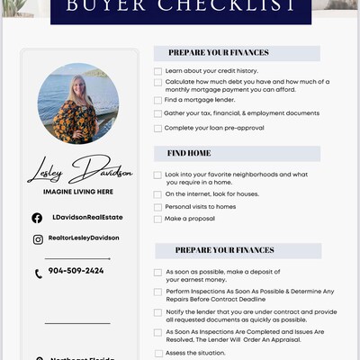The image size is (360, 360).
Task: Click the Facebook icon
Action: point(37,218)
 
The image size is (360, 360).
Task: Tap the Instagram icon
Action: point(38,239)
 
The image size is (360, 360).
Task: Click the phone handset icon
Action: point(38,274)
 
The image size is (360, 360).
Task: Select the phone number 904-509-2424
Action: point(76,271)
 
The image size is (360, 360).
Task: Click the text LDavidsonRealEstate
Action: point(86,217)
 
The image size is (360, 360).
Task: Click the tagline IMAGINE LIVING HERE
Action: point(77,192)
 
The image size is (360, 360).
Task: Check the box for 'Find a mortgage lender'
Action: point(158,100)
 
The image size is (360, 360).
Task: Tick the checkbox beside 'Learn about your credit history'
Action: point(158,70)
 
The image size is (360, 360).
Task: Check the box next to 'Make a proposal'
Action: point(158,219)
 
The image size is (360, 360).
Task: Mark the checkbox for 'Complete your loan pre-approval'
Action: point(158,128)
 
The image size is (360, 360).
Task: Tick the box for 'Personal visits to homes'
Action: point(158,207)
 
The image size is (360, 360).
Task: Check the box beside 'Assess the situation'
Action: point(158,354)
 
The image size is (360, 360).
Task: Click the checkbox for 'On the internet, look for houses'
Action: point(158,194)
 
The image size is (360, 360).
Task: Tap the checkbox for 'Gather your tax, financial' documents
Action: point(158,113)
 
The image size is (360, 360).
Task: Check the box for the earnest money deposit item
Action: point(158,272)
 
